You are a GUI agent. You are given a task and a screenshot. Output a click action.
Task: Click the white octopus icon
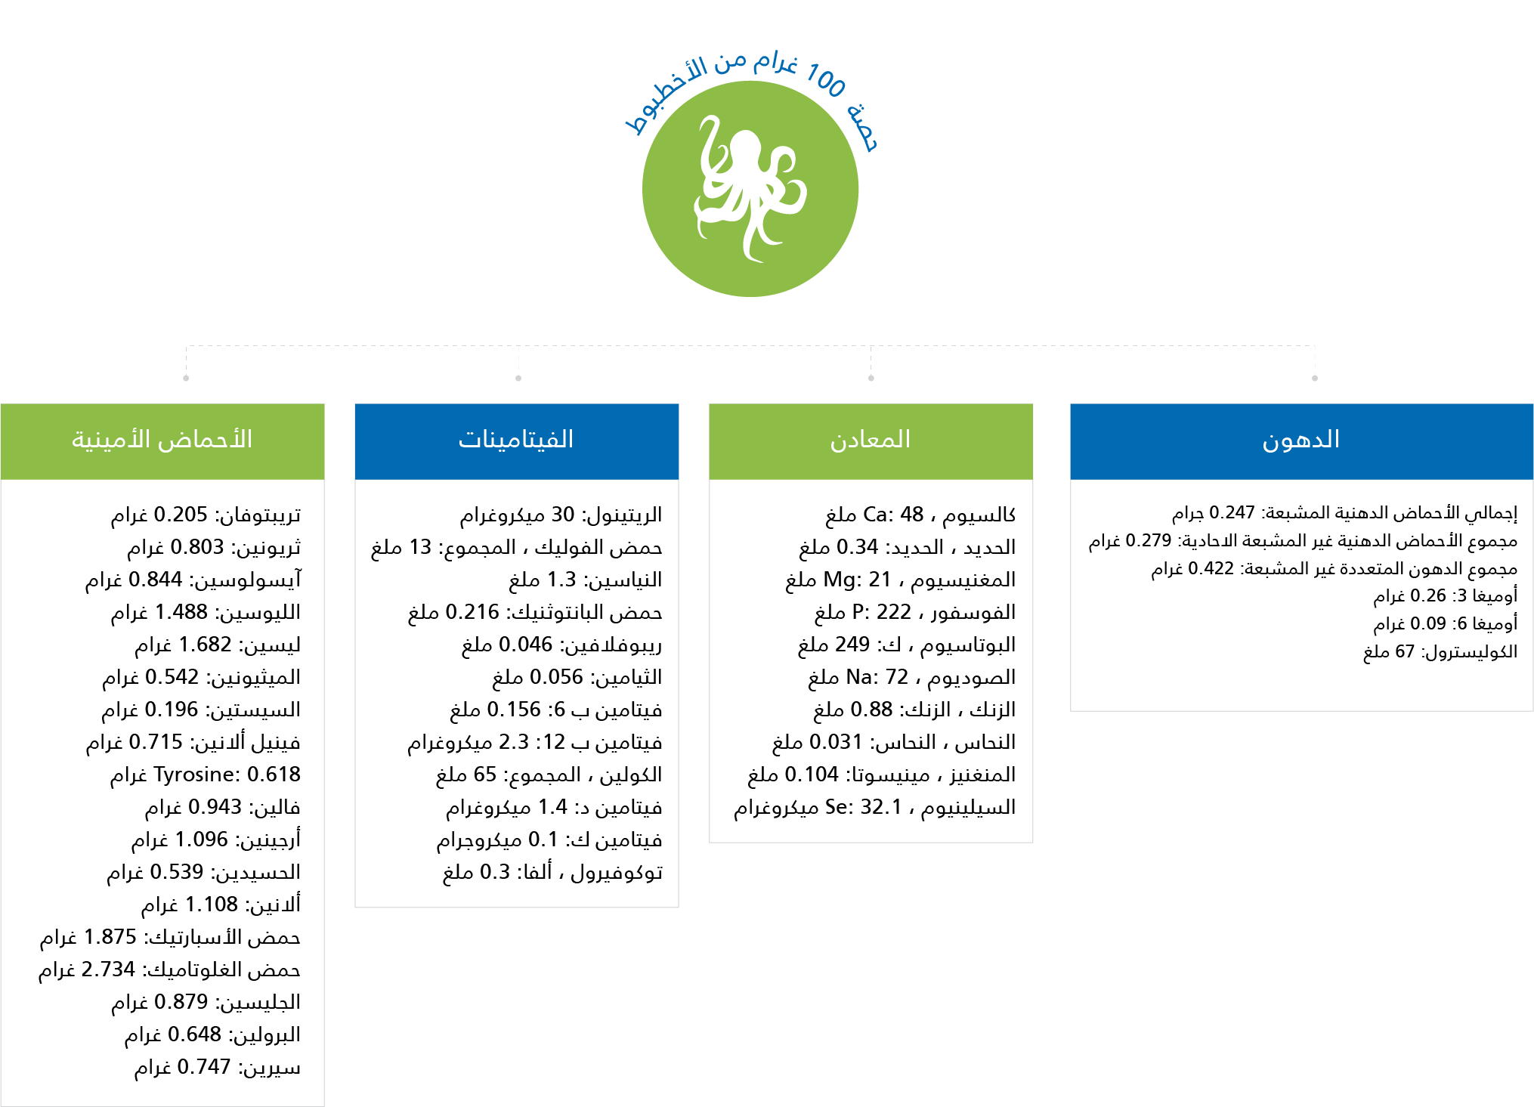[750, 189]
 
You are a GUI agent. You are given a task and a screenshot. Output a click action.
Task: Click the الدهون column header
[1300, 441]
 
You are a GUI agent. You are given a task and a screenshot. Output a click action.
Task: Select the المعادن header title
[871, 441]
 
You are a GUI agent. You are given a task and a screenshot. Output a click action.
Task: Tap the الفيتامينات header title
[516, 441]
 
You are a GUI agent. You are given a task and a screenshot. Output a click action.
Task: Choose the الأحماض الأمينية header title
[162, 441]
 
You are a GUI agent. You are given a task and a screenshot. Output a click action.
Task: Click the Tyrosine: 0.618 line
[206, 775]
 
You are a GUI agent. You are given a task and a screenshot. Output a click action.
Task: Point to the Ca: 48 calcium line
[920, 515]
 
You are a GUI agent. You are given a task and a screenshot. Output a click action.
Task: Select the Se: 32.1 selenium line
[874, 808]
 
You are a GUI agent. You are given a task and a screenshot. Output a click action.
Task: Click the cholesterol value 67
[1404, 651]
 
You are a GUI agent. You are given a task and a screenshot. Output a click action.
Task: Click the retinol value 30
[562, 515]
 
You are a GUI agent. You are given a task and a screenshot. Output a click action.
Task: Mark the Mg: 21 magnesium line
[900, 580]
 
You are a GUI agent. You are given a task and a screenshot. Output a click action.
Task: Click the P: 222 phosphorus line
[914, 612]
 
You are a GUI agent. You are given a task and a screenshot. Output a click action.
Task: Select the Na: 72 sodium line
[911, 677]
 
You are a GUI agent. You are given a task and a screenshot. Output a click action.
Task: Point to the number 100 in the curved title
[825, 80]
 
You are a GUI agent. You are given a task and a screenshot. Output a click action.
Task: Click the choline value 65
[484, 775]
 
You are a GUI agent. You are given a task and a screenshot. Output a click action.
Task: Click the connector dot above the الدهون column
[1315, 378]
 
